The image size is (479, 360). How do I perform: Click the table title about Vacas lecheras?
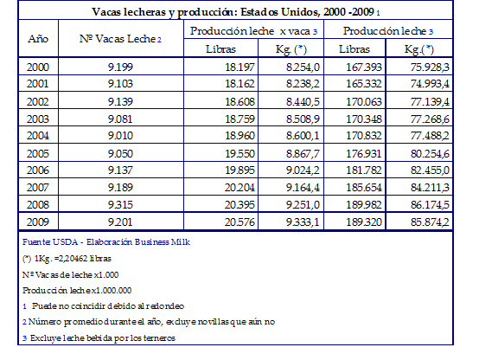click(x=236, y=12)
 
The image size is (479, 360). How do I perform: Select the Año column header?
click(x=38, y=39)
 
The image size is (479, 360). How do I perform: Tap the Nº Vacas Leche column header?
click(x=120, y=39)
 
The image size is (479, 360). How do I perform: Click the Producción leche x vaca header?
click(x=253, y=31)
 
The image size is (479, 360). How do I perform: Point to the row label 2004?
click(x=38, y=136)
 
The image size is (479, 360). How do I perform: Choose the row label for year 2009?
click(x=38, y=222)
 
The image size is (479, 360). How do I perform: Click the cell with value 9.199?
click(x=120, y=67)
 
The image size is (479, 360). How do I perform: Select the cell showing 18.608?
click(x=239, y=101)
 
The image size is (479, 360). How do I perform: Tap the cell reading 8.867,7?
click(x=303, y=153)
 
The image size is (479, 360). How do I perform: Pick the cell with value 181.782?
click(x=363, y=170)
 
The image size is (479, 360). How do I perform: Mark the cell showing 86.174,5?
click(x=430, y=204)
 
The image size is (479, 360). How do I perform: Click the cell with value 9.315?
click(x=120, y=204)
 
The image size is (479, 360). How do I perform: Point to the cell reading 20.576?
click(x=239, y=222)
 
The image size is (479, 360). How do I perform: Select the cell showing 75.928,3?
click(x=430, y=67)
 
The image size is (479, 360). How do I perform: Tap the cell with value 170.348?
click(x=363, y=119)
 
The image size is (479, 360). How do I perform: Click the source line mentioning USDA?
click(x=106, y=242)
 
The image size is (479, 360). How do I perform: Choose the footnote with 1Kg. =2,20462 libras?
click(x=67, y=259)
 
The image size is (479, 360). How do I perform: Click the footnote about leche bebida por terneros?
click(x=99, y=338)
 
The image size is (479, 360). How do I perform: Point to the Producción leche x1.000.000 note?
click(x=77, y=290)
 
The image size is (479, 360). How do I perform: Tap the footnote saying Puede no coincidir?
click(x=104, y=306)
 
